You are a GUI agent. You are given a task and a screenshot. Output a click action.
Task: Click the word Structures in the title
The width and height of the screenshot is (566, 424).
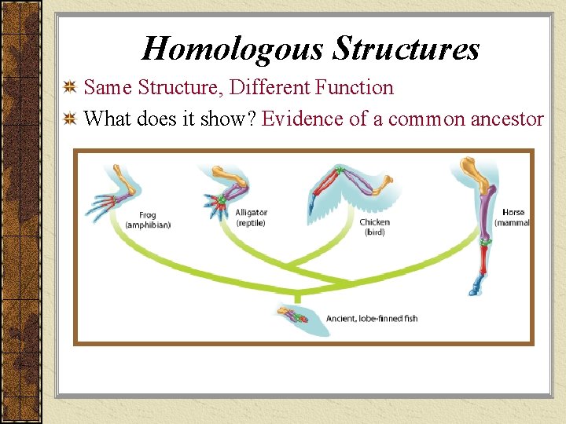[406, 49]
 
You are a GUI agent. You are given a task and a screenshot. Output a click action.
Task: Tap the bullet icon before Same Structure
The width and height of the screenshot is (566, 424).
[70, 87]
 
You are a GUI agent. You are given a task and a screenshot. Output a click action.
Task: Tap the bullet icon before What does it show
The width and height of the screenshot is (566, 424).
[70, 119]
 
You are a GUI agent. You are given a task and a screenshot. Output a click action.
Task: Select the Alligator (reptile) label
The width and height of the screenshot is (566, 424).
[252, 217]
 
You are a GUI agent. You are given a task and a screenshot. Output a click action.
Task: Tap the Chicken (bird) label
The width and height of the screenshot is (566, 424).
[374, 227]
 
